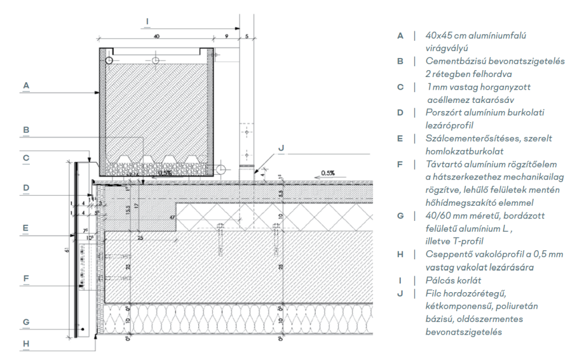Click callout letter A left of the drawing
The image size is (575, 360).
[x=26, y=85]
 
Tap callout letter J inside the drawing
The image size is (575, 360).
[x=281, y=147]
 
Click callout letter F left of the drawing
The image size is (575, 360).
[x=26, y=278]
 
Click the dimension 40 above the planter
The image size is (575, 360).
[x=156, y=36]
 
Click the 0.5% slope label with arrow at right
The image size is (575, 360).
[x=328, y=173]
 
